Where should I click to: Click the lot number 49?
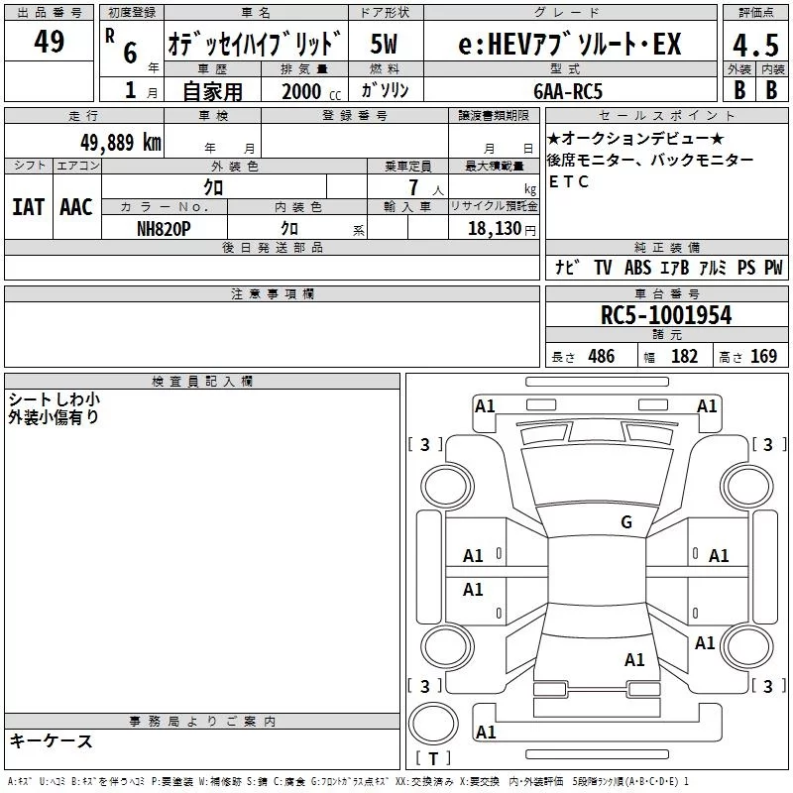[x=49, y=41]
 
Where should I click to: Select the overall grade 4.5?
[x=755, y=45]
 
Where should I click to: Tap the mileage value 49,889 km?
[x=120, y=142]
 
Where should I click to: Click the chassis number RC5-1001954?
[x=666, y=315]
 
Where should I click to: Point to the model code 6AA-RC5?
[x=568, y=91]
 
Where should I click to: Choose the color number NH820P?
[x=164, y=229]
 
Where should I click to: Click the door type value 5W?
[x=384, y=44]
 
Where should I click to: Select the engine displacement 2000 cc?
[x=311, y=91]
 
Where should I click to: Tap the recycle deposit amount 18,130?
[x=494, y=229]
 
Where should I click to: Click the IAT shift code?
[x=29, y=207]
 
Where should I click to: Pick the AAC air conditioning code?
[x=76, y=207]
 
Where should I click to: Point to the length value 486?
[x=602, y=356]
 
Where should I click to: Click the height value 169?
[x=763, y=356]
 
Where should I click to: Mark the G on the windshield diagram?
[x=626, y=522]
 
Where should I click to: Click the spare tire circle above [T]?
[x=433, y=724]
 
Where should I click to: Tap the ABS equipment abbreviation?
[x=638, y=267]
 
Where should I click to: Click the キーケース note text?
[x=52, y=741]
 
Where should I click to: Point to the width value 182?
[x=684, y=356]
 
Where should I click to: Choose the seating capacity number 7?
[x=413, y=187]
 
